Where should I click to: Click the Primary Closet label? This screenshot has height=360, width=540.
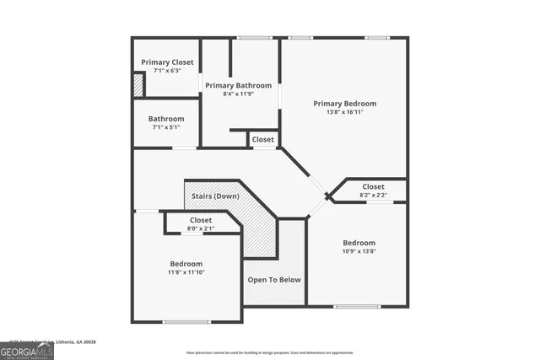[x=167, y=62]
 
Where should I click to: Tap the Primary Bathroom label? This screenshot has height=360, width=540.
[x=239, y=85]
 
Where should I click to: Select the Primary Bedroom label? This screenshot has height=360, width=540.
[x=344, y=103]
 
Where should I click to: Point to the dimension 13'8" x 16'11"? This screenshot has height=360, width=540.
[x=344, y=112]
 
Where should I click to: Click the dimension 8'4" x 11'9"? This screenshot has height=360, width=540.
[x=239, y=94]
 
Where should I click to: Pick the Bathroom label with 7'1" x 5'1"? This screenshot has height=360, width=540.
[x=166, y=119]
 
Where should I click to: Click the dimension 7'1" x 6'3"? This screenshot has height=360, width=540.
[x=167, y=71]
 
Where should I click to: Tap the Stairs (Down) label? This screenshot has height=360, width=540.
[x=214, y=196]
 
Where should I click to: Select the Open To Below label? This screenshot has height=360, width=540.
[x=273, y=280]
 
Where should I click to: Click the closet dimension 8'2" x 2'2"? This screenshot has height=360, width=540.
[x=373, y=196]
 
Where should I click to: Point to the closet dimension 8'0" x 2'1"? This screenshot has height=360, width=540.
[x=201, y=228]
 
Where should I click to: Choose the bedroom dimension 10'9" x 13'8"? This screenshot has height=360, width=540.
[x=359, y=250]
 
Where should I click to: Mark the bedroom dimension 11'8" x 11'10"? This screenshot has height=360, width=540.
[x=186, y=272]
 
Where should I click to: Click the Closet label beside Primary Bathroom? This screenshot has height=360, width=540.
[x=262, y=139]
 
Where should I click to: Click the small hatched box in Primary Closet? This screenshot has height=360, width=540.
[x=138, y=85]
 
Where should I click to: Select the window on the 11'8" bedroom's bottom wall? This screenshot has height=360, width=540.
[x=186, y=321]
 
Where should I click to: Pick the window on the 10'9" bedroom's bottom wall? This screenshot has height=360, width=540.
[x=356, y=305]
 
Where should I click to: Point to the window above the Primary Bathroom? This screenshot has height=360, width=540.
[x=249, y=37]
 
